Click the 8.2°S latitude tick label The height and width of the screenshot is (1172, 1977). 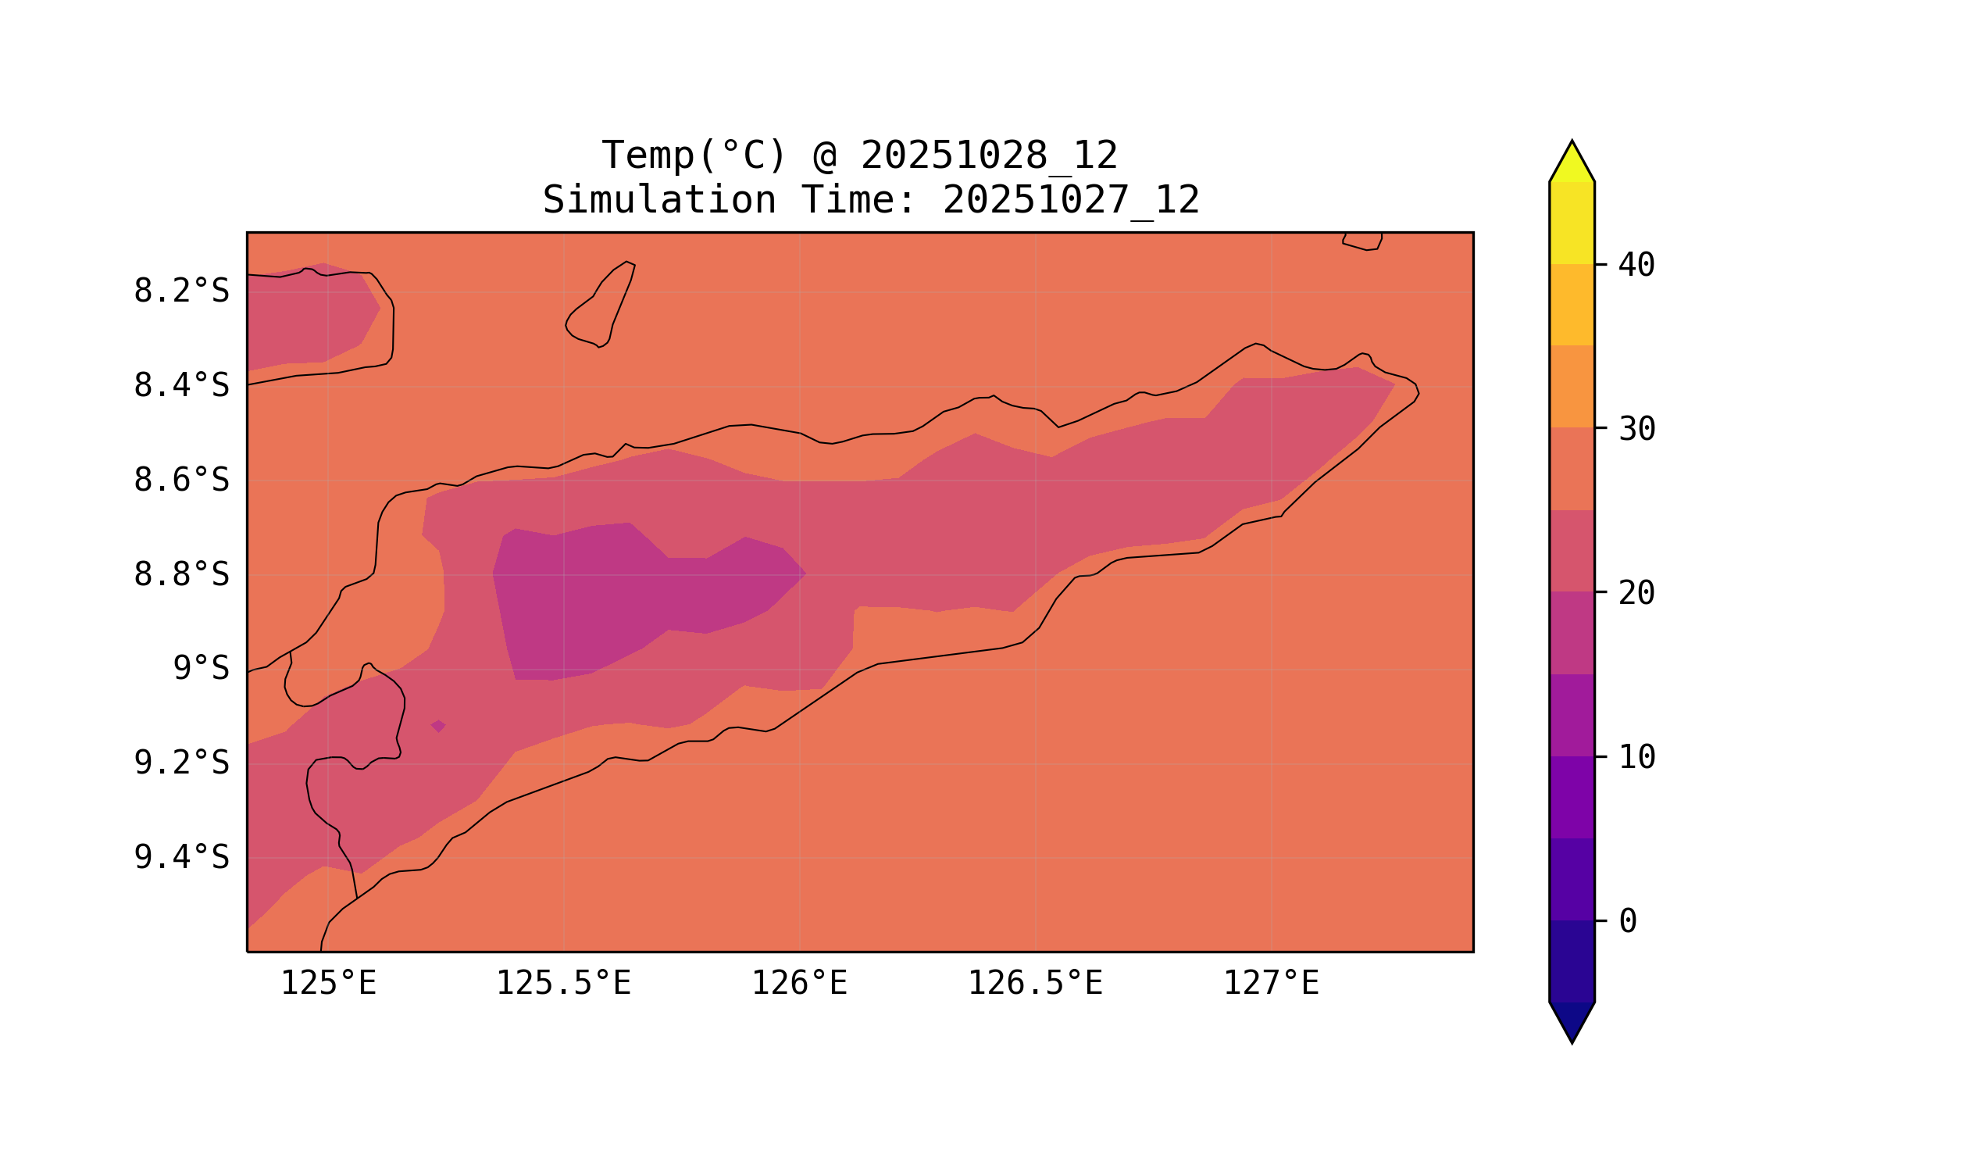(180, 291)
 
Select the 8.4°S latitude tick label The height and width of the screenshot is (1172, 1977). (180, 386)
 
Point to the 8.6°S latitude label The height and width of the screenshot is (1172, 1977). (180, 481)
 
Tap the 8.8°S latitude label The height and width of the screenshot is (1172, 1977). (180, 575)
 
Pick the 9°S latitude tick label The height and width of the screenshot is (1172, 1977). (201, 669)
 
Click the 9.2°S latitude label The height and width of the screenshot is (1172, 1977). (180, 763)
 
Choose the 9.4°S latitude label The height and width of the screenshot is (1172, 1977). (180, 858)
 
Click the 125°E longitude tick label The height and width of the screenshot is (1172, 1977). (328, 984)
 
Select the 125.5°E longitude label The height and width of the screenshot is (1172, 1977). (563, 984)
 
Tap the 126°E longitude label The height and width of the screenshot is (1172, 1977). (799, 984)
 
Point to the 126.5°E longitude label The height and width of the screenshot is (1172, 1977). (1035, 984)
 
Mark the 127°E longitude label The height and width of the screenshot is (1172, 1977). (1270, 984)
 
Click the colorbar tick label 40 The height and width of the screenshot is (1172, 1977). (1636, 266)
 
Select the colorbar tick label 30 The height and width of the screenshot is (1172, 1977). (1636, 430)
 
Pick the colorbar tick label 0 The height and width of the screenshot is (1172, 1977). (1627, 922)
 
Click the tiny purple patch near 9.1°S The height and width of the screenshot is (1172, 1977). (438, 727)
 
